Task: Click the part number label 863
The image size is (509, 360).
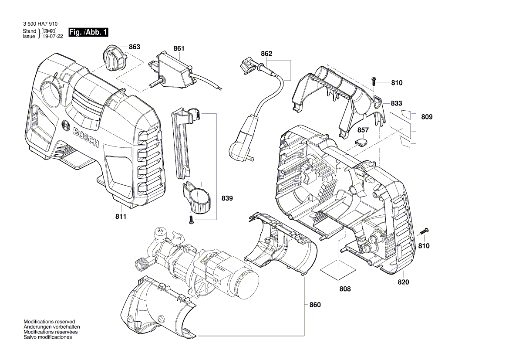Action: point(134,47)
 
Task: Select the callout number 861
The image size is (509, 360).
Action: point(179,49)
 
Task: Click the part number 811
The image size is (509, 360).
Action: point(121,217)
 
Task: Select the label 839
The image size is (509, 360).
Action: point(227,198)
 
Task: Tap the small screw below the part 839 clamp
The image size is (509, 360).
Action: point(191,220)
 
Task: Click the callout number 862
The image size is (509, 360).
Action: point(266,54)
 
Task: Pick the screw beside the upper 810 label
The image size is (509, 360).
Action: point(374,82)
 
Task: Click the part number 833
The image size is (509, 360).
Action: point(396,103)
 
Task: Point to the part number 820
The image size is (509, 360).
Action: point(403,282)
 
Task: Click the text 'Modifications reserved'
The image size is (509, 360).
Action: point(49,321)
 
